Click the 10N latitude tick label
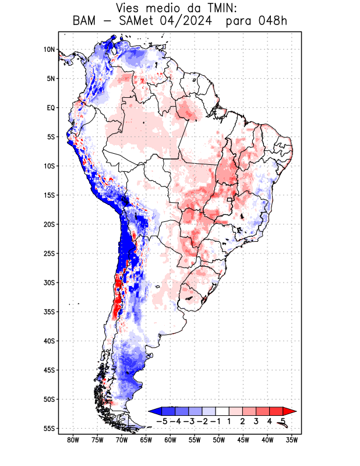pyautogui.click(x=49, y=50)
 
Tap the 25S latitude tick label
pyautogui.click(x=49, y=253)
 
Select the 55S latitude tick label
pyautogui.click(x=49, y=428)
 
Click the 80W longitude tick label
pyautogui.click(x=73, y=440)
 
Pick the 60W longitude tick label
pyautogui.click(x=170, y=440)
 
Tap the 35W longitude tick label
pyautogui.click(x=292, y=440)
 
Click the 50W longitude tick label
pyautogui.click(x=218, y=440)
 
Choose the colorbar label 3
pyautogui.click(x=256, y=421)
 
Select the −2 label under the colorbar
pyautogui.click(x=202, y=421)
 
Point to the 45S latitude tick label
pyautogui.click(x=49, y=370)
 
